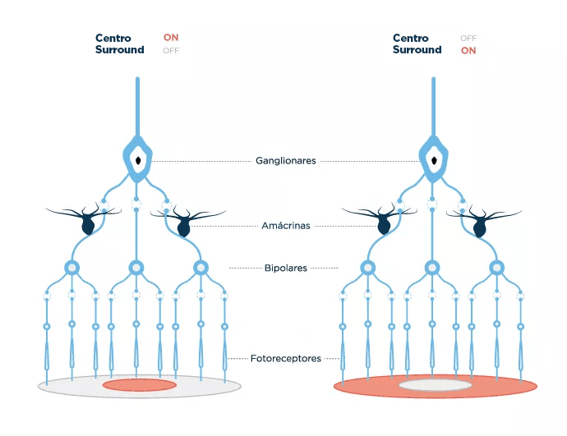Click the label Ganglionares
[285, 162]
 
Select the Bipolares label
[284, 268]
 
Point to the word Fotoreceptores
[285, 359]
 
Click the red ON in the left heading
[171, 38]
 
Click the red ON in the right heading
[468, 50]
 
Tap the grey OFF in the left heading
[171, 50]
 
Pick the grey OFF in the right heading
[468, 38]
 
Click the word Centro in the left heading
[113, 38]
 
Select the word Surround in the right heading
[417, 50]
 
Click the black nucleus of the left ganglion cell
[138, 160]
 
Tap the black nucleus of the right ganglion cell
[435, 160]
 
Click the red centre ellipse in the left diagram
[140, 385]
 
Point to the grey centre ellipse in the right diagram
[436, 384]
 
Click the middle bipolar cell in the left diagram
[136, 268]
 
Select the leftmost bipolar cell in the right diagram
[368, 268]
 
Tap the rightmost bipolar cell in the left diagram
[200, 268]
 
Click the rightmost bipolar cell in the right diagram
[496, 268]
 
